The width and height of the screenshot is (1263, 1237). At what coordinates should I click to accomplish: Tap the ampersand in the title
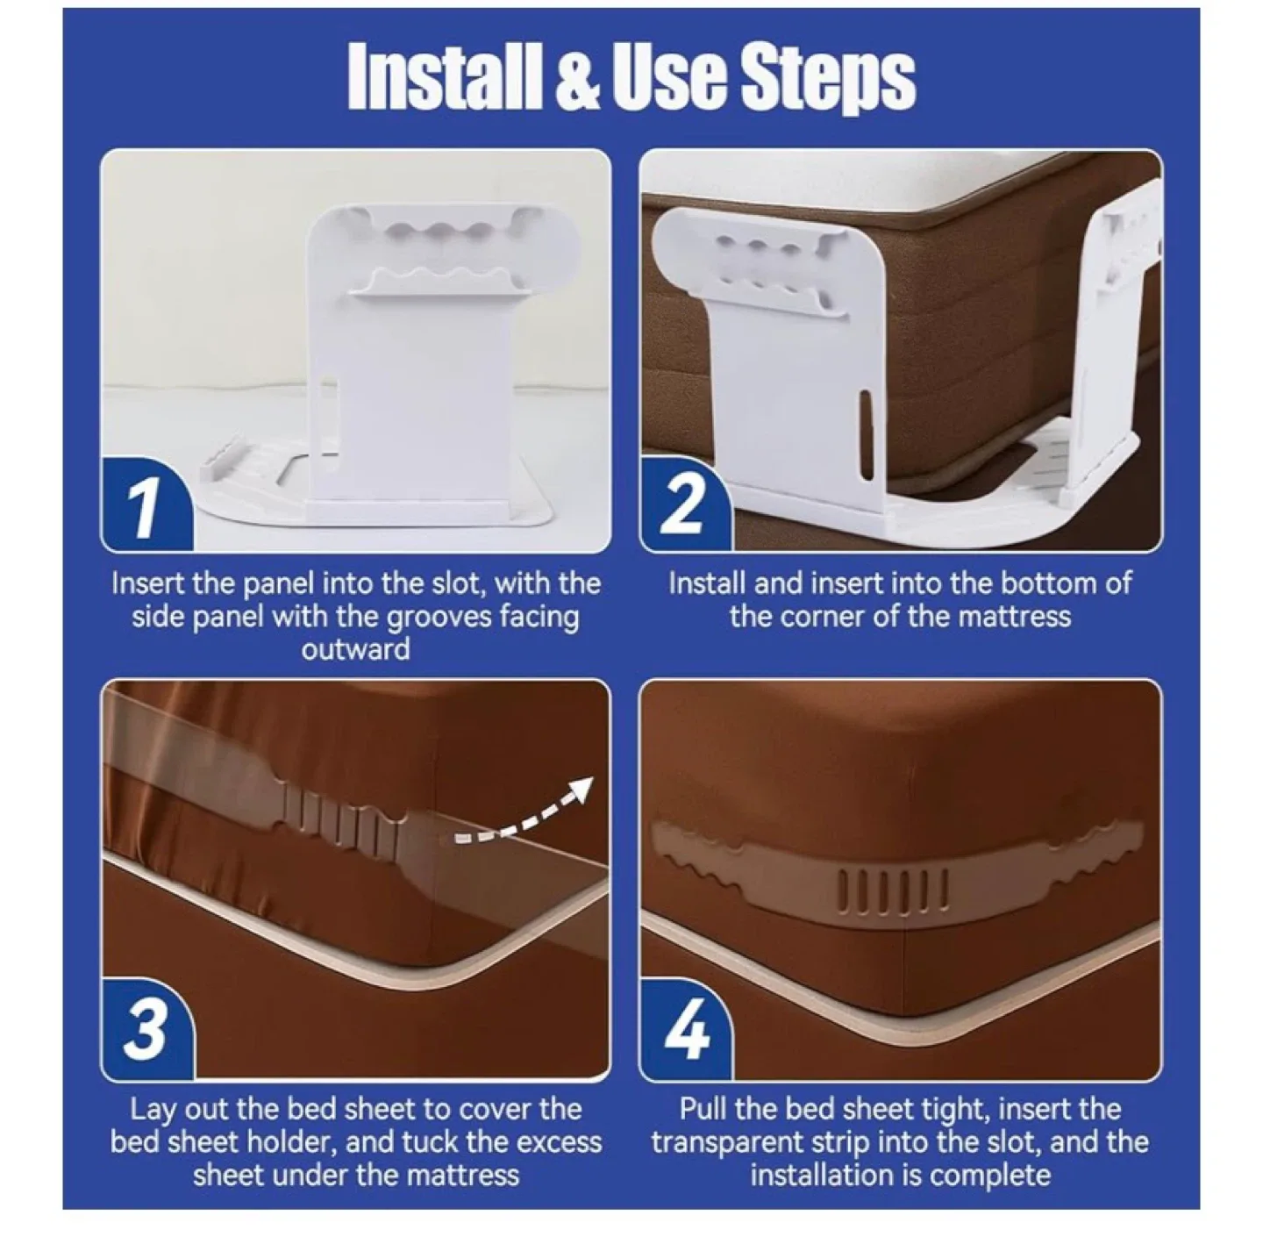(x=575, y=77)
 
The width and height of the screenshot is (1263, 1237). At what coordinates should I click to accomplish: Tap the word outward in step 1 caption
(x=355, y=650)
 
